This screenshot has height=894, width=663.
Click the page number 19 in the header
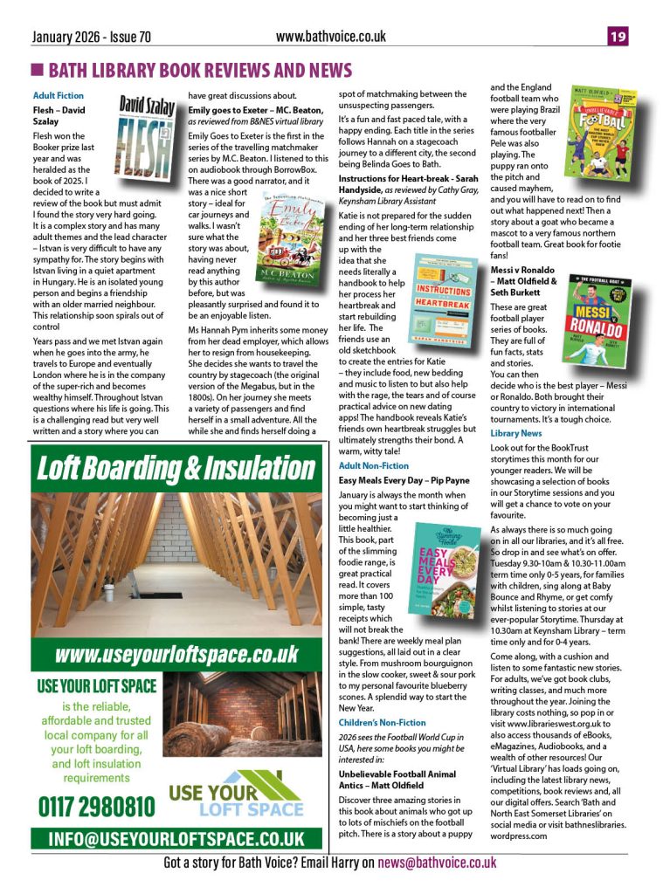[x=618, y=37]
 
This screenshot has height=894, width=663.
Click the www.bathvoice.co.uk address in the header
[x=330, y=36]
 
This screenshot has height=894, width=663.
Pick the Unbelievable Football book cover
[x=601, y=130]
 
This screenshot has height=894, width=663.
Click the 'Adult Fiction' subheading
[x=59, y=94]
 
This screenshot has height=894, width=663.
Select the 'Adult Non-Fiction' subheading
[x=373, y=466]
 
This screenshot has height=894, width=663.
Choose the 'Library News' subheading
[x=515, y=434]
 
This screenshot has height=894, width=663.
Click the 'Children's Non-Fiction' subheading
[x=383, y=723]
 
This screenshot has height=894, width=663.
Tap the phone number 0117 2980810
[x=96, y=806]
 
